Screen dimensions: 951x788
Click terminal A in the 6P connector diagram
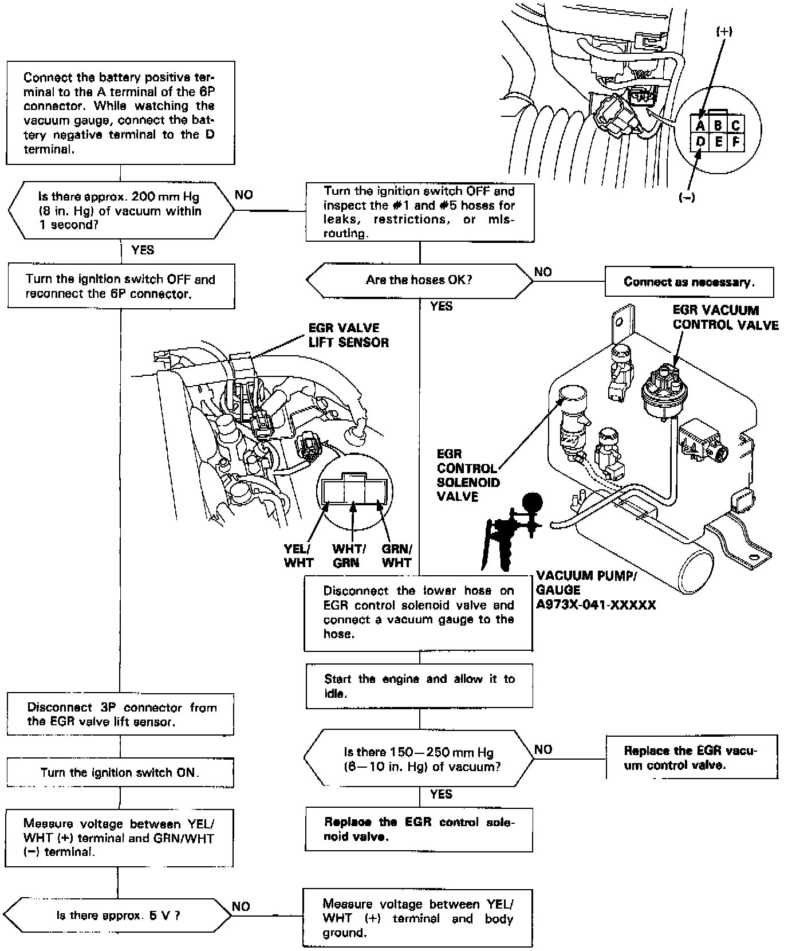pos(700,125)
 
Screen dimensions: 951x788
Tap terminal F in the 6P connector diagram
pos(736,141)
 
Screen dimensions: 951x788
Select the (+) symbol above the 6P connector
pos(724,32)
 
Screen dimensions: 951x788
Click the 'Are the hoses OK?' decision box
pos(420,280)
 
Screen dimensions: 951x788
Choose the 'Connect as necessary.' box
pos(689,282)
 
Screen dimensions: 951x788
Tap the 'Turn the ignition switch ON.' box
pos(120,772)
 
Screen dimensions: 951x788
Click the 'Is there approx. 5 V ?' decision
pos(119,915)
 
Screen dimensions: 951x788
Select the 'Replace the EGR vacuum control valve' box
pos(691,757)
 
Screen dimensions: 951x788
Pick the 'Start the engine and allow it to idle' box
pos(419,686)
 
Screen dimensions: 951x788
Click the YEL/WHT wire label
pos(298,555)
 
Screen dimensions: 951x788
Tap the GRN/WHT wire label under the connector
pos(397,555)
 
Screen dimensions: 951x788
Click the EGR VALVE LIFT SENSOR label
pos(348,335)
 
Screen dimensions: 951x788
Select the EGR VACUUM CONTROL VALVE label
pos(725,317)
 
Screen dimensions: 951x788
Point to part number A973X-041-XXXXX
pos(596,604)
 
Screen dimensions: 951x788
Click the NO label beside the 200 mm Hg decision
pos(244,195)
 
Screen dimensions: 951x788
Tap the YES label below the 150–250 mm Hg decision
pos(441,794)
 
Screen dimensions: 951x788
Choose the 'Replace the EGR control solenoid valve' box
pos(419,829)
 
